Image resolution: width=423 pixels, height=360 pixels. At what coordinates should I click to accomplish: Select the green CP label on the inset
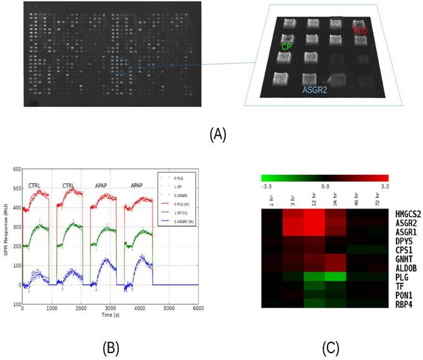pyautogui.click(x=286, y=46)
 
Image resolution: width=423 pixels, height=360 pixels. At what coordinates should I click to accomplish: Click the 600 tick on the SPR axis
pyautogui.click(x=15, y=170)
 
